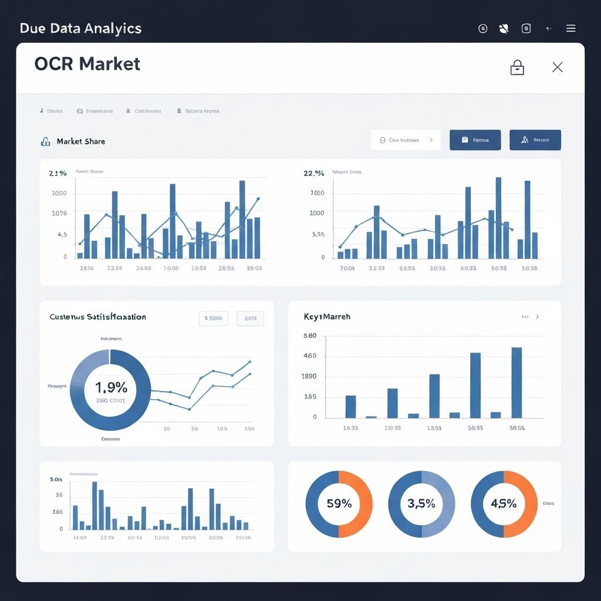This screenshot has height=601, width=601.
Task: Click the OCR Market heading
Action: pyautogui.click(x=87, y=63)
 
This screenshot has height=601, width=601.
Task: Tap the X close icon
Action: pyautogui.click(x=558, y=67)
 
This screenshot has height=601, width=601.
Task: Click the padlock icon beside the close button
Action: pyautogui.click(x=517, y=67)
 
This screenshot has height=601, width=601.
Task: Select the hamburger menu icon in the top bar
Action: pyautogui.click(x=570, y=28)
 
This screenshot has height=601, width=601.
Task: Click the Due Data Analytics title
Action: pyautogui.click(x=81, y=28)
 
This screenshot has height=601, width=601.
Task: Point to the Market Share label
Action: pyautogui.click(x=81, y=141)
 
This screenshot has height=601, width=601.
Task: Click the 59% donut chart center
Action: pyautogui.click(x=339, y=504)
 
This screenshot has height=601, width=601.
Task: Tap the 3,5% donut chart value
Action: pyautogui.click(x=421, y=504)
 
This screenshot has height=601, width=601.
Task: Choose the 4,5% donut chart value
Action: pyautogui.click(x=504, y=504)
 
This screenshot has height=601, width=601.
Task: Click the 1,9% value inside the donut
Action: pyautogui.click(x=111, y=387)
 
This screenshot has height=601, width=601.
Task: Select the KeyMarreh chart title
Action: pyautogui.click(x=327, y=316)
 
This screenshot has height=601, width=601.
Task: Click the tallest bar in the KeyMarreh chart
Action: pyautogui.click(x=516, y=382)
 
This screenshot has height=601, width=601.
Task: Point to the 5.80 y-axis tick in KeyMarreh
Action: pyautogui.click(x=310, y=336)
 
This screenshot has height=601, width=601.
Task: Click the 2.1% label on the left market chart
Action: pyautogui.click(x=58, y=173)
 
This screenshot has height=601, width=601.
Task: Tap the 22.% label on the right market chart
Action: pyautogui.click(x=314, y=173)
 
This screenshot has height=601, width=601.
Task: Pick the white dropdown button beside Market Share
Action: pyautogui.click(x=406, y=140)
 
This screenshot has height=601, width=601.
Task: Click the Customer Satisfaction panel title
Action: pyautogui.click(x=98, y=317)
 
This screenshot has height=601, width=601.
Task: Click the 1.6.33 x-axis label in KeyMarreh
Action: pyautogui.click(x=350, y=428)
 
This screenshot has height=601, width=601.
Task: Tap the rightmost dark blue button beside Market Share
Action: pyautogui.click(x=535, y=140)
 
